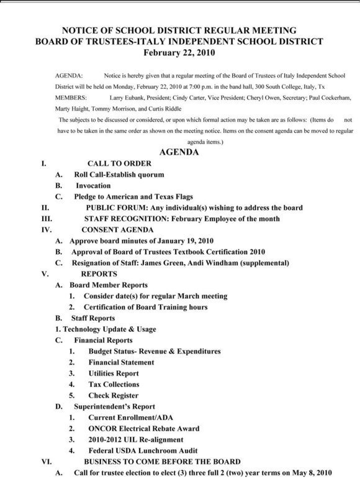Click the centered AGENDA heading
[x=180, y=153]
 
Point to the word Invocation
[x=93, y=186]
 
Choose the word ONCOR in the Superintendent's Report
[x=104, y=428]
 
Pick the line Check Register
[x=114, y=395]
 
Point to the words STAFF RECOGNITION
[x=128, y=219]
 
